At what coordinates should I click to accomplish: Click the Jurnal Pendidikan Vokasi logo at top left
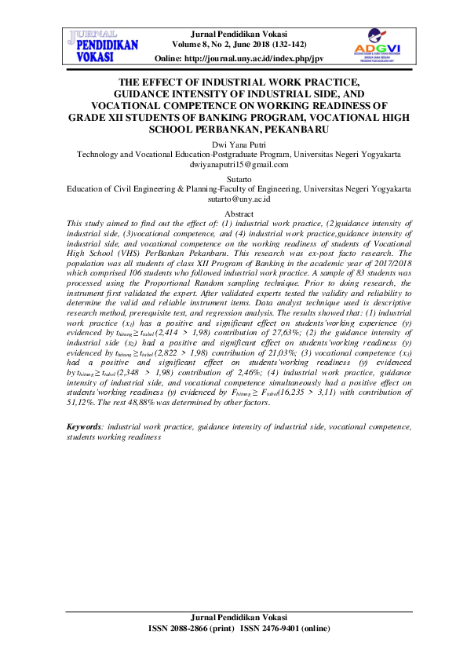pos(104,46)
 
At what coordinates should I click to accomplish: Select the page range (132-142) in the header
pos(285,46)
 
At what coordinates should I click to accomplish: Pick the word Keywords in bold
pos(84,425)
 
